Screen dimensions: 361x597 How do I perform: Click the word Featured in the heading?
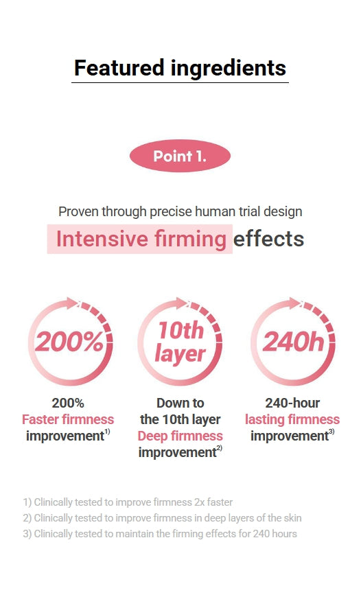click(x=119, y=68)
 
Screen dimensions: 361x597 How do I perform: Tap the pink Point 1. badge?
click(x=180, y=156)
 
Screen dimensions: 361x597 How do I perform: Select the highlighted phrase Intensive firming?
click(x=141, y=239)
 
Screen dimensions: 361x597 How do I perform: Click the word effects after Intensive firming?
click(x=268, y=239)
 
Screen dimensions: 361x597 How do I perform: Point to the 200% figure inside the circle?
click(x=69, y=342)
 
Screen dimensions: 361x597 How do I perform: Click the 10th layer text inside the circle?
click(x=180, y=342)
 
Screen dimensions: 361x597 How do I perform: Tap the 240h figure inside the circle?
click(x=293, y=341)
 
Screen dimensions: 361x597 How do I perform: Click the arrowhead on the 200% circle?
click(x=71, y=303)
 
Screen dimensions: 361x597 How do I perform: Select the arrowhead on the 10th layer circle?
click(x=180, y=303)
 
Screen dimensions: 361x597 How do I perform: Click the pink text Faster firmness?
click(x=68, y=419)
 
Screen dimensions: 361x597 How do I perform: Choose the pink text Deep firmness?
click(x=180, y=436)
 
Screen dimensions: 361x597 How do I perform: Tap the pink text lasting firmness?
click(x=292, y=419)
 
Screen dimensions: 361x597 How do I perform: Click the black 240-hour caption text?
click(x=292, y=403)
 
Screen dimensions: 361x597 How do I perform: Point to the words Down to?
click(x=180, y=403)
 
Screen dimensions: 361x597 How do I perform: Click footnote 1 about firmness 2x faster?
click(x=128, y=502)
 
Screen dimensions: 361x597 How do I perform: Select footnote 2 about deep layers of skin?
click(x=162, y=518)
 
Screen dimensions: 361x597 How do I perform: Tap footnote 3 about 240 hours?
click(x=160, y=534)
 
